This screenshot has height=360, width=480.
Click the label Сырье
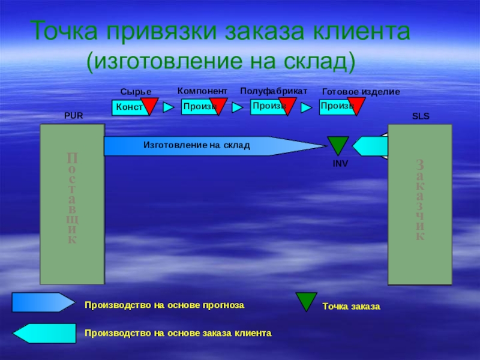(136, 91)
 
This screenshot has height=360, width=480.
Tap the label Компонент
(202, 90)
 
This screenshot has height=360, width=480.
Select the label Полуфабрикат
(273, 90)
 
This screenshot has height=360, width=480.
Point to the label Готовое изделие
(361, 91)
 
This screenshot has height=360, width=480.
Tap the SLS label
(421, 116)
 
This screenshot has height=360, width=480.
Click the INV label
(340, 163)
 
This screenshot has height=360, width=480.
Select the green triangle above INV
(338, 145)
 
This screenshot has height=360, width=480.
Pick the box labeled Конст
(127, 107)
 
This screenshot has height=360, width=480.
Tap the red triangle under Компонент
(218, 105)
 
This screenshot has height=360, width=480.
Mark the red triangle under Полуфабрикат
(287, 105)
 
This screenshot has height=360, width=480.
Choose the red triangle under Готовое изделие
(356, 105)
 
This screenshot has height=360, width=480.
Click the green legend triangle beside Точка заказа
(307, 301)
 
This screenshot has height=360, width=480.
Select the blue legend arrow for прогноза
(43, 302)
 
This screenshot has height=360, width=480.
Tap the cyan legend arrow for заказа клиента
(45, 333)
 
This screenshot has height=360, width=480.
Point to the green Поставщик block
(72, 204)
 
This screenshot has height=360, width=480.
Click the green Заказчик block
(420, 204)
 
